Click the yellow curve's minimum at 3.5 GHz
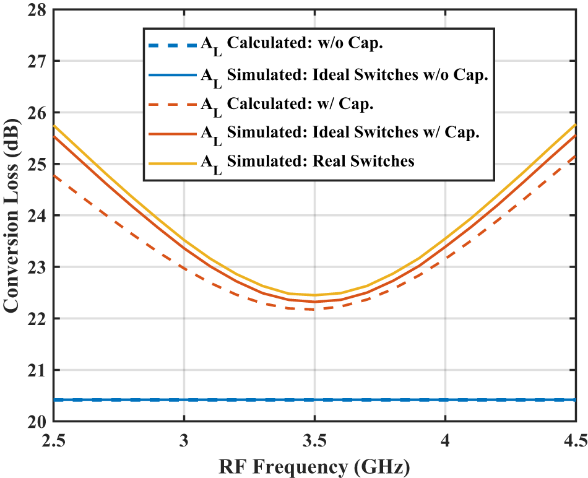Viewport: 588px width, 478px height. pos(314,295)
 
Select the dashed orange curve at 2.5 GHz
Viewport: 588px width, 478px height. pos(54,176)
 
